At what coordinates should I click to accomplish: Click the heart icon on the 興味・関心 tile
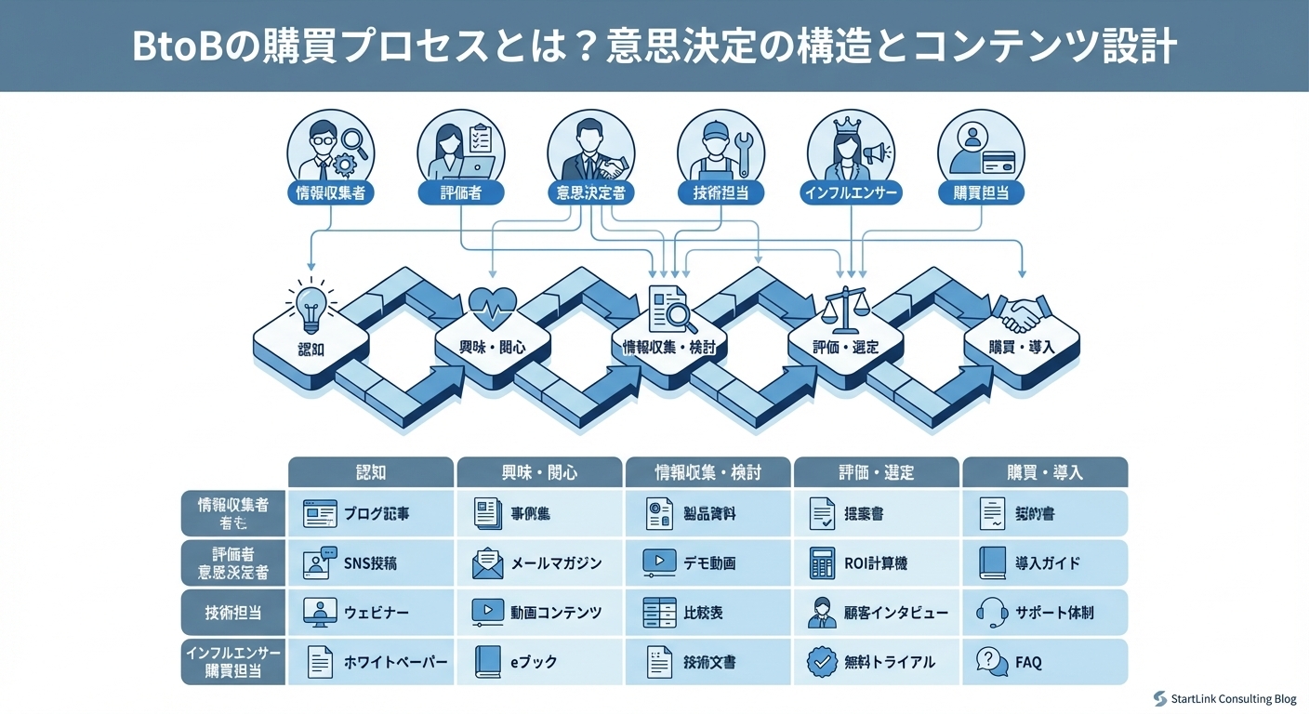click(493, 304)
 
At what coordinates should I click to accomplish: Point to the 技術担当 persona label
click(721, 192)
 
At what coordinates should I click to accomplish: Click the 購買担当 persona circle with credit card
click(981, 149)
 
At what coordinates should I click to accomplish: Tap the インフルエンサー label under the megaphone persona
click(851, 192)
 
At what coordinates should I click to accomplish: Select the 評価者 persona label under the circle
click(461, 192)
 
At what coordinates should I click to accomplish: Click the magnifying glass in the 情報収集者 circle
click(354, 140)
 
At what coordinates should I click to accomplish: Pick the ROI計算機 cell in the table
click(876, 563)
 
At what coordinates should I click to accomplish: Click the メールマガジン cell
click(539, 563)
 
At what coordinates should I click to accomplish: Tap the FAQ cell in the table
click(1045, 662)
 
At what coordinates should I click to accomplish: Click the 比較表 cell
click(707, 613)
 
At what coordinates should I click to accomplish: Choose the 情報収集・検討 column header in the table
click(707, 472)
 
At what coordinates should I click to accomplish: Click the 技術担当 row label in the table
click(232, 613)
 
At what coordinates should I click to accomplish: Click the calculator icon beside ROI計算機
click(821, 563)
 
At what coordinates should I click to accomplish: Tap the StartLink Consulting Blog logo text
click(1232, 698)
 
